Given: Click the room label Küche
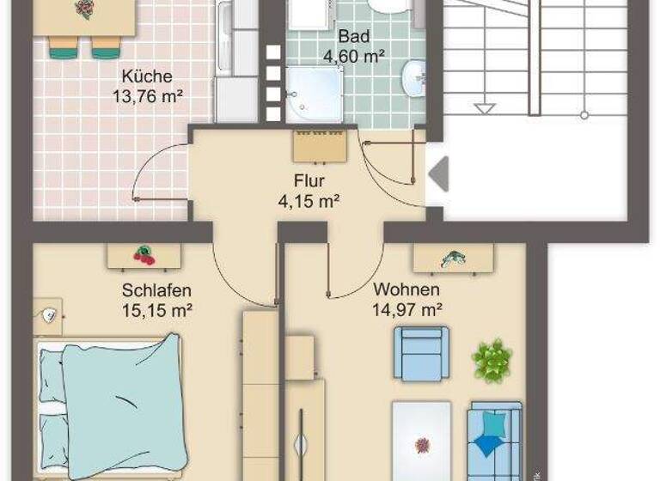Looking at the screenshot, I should pyautogui.click(x=146, y=76).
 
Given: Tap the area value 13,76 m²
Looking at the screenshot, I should pyautogui.click(x=147, y=95).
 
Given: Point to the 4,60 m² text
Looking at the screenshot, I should pyautogui.click(x=353, y=57).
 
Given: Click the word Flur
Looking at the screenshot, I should pyautogui.click(x=309, y=181).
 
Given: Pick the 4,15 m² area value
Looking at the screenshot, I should pyautogui.click(x=309, y=202).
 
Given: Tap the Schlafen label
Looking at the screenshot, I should pyautogui.click(x=156, y=289).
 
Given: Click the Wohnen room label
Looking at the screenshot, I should pyautogui.click(x=406, y=289).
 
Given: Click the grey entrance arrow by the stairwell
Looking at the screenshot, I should pyautogui.click(x=438, y=174).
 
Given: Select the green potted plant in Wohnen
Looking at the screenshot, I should pyautogui.click(x=492, y=360).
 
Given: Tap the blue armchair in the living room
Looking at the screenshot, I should pyautogui.click(x=421, y=354).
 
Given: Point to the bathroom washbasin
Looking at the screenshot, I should pyautogui.click(x=415, y=76).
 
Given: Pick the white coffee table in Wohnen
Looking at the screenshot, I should pyautogui.click(x=421, y=440).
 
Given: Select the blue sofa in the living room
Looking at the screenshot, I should pyautogui.click(x=495, y=440).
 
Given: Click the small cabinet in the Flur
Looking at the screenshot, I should pyautogui.click(x=320, y=146).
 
